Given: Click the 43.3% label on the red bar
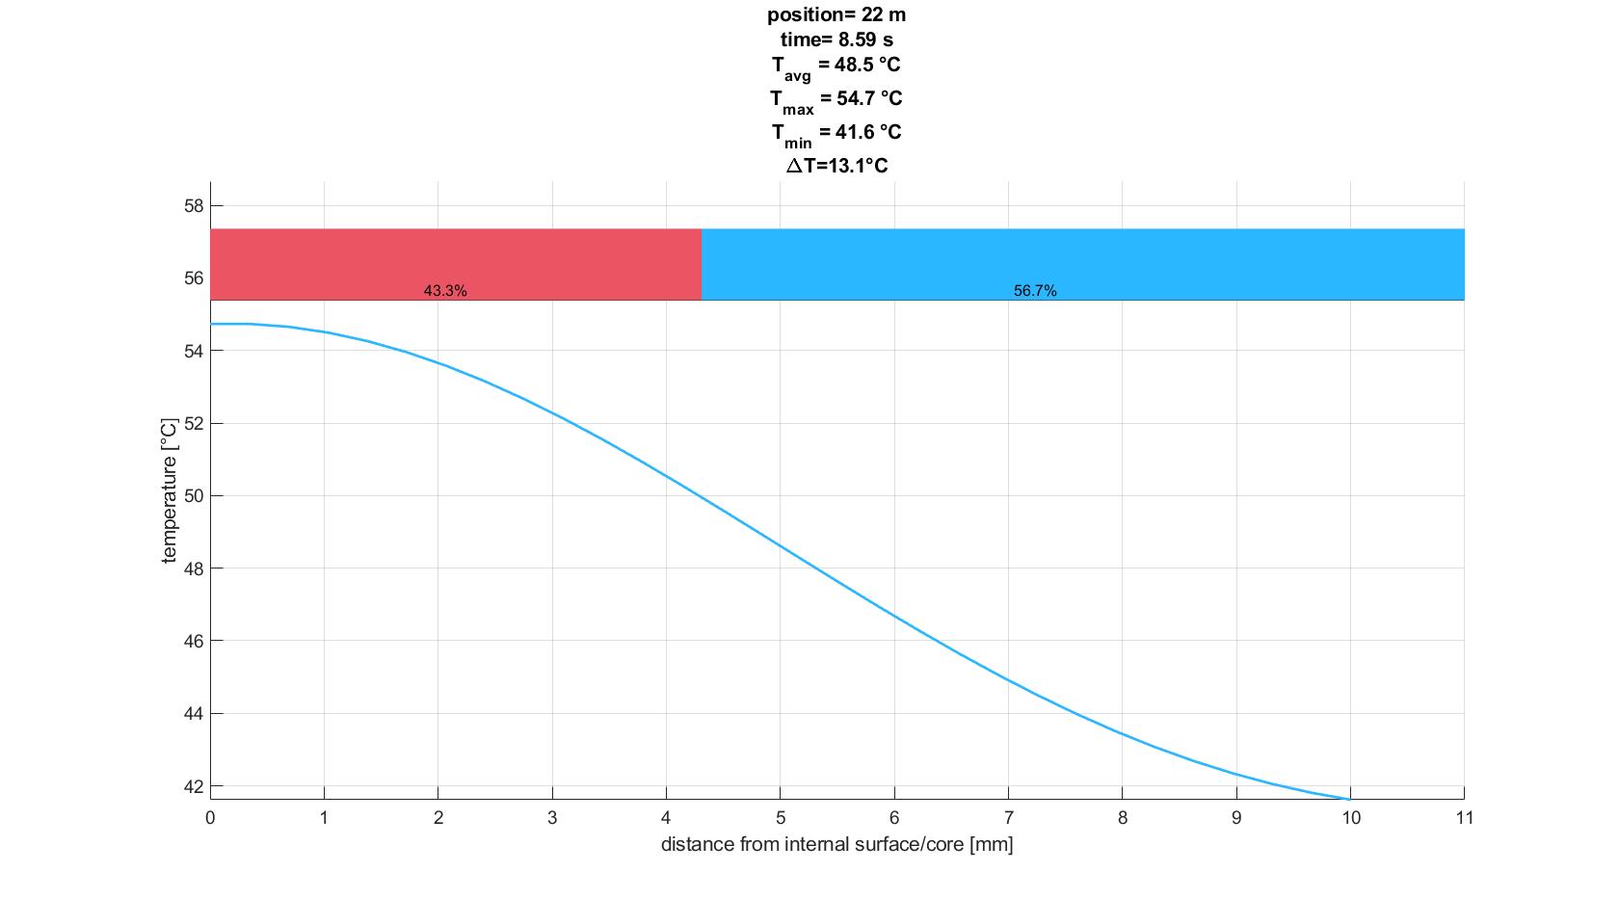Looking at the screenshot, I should tap(445, 291).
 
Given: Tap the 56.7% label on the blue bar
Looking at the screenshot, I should tap(1035, 291).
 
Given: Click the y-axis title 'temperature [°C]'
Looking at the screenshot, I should tap(171, 490).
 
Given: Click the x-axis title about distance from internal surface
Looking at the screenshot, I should tap(836, 845).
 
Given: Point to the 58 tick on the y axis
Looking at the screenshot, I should tap(194, 206).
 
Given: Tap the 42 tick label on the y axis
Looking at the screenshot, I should tap(194, 786).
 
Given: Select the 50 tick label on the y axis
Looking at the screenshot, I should tap(194, 496).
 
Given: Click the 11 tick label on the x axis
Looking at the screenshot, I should tap(1464, 818).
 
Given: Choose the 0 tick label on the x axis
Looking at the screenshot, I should tap(210, 818).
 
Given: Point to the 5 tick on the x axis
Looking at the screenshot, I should tap(781, 818).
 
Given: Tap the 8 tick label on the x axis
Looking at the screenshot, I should tap(1123, 818).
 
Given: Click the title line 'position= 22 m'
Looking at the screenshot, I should tap(836, 15).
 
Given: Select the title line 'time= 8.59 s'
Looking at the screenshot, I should tap(836, 40).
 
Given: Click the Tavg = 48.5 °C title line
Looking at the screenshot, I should tap(836, 66).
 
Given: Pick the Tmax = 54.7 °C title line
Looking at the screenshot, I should tap(836, 99).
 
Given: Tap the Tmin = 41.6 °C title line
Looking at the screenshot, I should tap(836, 133).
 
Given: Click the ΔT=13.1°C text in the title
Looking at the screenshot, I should tap(836, 166).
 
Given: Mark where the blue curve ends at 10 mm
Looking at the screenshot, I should tap(1349, 799).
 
